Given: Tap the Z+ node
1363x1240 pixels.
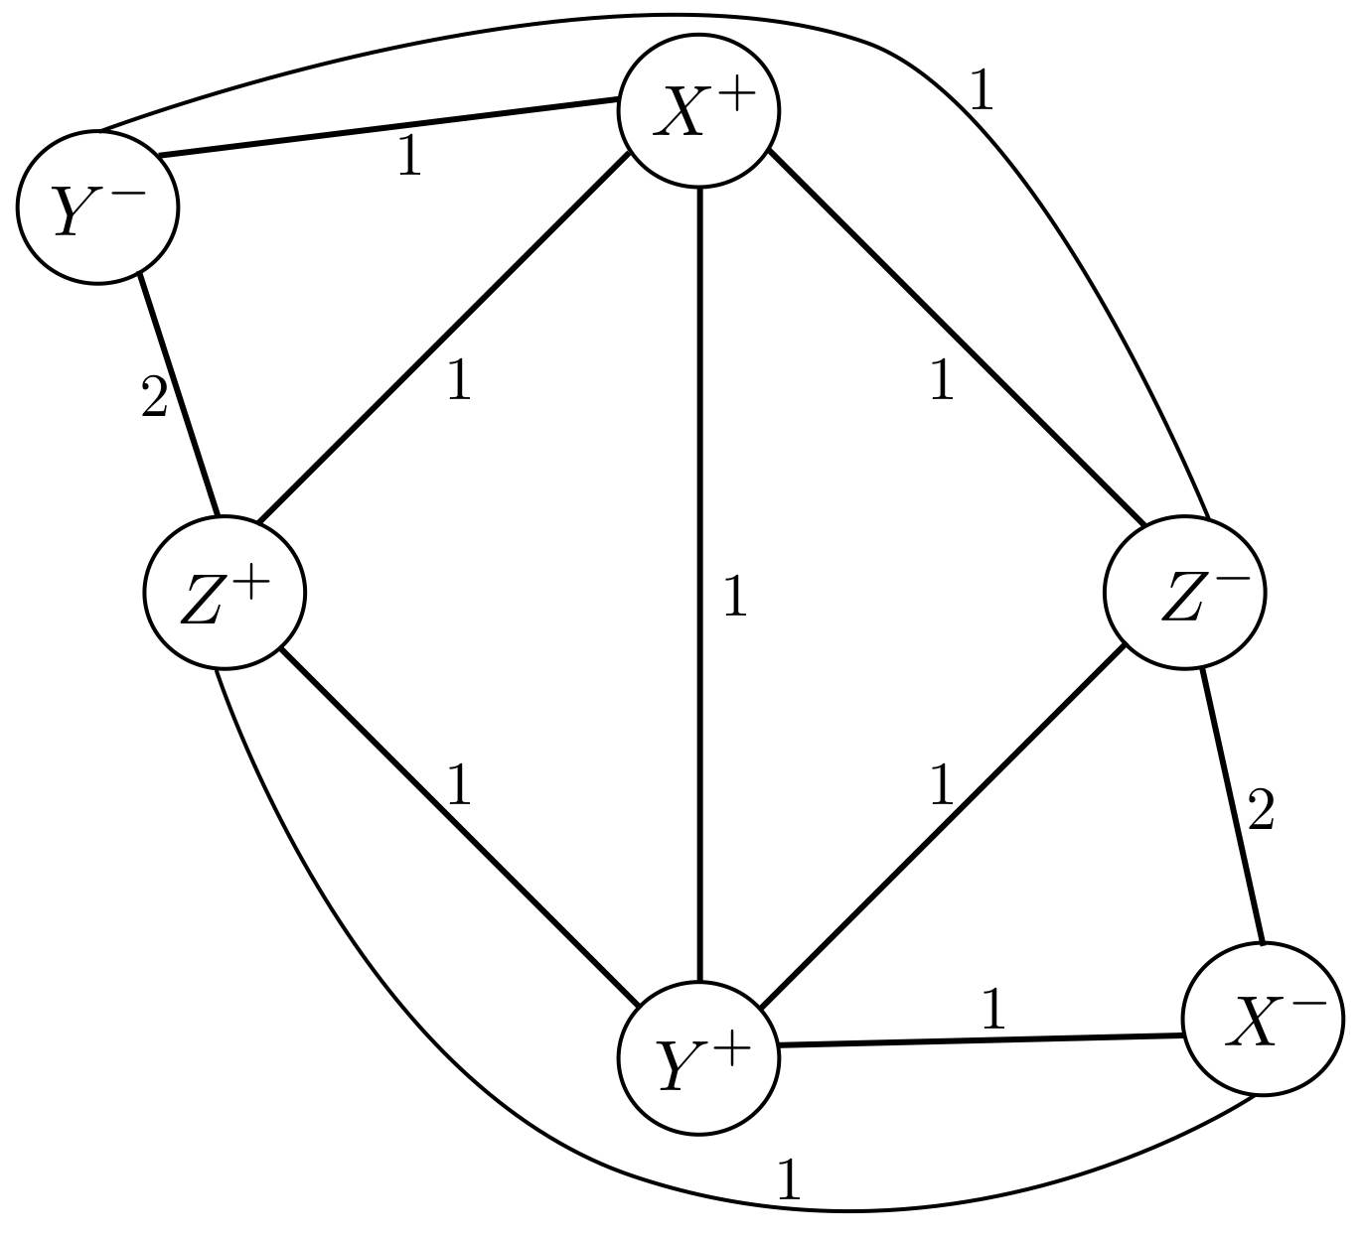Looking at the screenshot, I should pyautogui.click(x=225, y=593).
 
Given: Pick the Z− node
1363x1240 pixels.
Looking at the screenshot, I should pyautogui.click(x=1184, y=593).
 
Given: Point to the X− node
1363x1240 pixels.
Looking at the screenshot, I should pyautogui.click(x=1263, y=1019).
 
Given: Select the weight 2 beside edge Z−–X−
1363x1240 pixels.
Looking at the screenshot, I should pyautogui.click(x=1259, y=812).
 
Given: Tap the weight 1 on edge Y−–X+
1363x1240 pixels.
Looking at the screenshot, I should pyautogui.click(x=408, y=158).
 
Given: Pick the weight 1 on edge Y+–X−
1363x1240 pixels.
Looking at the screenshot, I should pyautogui.click(x=992, y=1010).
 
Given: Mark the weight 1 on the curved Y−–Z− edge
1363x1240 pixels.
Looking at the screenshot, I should pyautogui.click(x=981, y=90).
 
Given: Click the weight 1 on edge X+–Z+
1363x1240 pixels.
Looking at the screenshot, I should pyautogui.click(x=458, y=380).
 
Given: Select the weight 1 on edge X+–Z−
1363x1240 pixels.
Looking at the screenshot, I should pyautogui.click(x=941, y=380).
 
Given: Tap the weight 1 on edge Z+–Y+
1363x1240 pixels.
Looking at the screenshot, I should pyautogui.click(x=458, y=785).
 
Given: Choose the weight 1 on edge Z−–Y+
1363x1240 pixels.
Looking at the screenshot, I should pyautogui.click(x=941, y=785).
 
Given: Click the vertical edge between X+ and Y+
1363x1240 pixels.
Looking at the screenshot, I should pyautogui.click(x=700, y=496).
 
